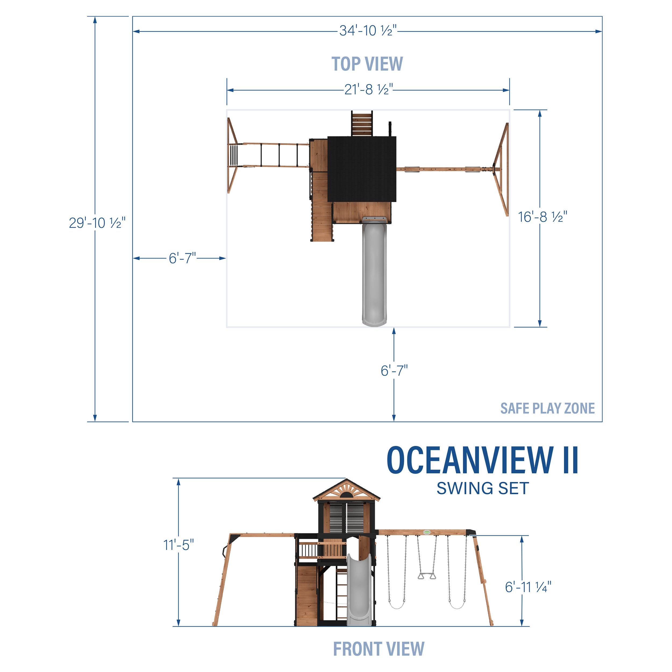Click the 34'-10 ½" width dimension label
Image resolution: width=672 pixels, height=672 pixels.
(368, 31)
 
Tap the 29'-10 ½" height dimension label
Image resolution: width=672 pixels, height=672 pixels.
(97, 223)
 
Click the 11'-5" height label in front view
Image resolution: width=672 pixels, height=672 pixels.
(178, 545)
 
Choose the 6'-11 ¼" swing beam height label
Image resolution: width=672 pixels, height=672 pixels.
(528, 587)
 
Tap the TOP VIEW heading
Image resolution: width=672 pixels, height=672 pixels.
(367, 64)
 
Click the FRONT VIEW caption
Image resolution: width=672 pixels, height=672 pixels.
(378, 649)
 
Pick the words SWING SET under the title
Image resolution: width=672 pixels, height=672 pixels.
(482, 488)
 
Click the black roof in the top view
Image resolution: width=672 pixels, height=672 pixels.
(362, 169)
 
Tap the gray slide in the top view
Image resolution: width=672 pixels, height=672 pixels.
(374, 275)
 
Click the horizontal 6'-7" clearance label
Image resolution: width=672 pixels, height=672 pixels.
(182, 258)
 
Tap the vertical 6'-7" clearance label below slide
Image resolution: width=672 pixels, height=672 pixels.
(394, 371)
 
